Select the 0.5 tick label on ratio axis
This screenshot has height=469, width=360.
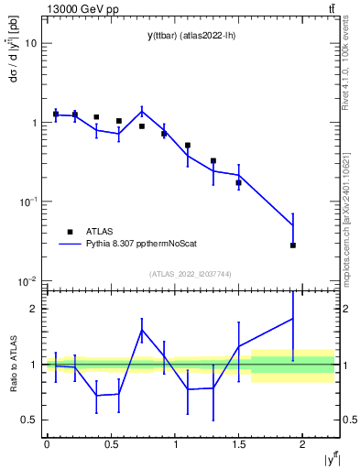point(28,420)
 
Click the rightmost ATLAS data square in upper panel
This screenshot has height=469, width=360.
point(293,245)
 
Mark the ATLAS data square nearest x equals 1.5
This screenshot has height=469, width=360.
point(239,183)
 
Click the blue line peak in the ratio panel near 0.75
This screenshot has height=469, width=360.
point(142,330)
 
